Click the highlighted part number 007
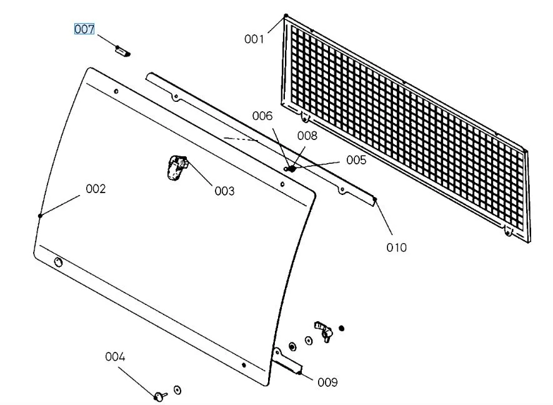(x=84, y=29)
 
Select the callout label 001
(x=254, y=39)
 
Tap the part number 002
(x=96, y=189)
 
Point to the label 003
(x=224, y=191)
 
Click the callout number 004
(x=115, y=357)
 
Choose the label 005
(x=356, y=160)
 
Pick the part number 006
(x=262, y=116)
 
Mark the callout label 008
(x=307, y=135)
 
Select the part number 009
(x=327, y=382)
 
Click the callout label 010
(x=396, y=247)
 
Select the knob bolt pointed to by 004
(x=160, y=395)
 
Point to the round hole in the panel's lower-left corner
(x=58, y=262)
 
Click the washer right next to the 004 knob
(x=177, y=390)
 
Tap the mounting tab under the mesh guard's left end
(x=304, y=116)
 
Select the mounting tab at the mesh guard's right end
(x=508, y=232)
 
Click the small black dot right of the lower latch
(x=341, y=328)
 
